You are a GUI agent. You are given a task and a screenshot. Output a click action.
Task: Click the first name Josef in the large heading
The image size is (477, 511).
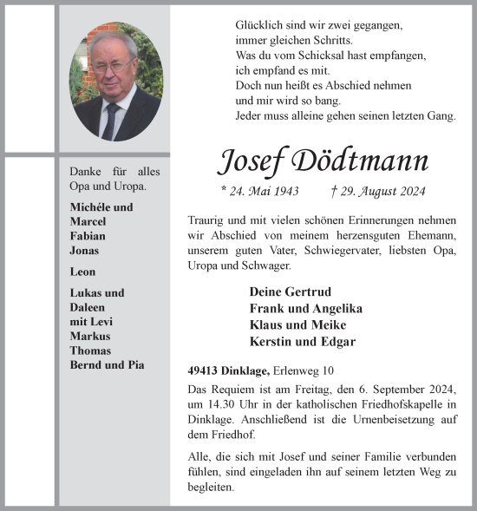252,161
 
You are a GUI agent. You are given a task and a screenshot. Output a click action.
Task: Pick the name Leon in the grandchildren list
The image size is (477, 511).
83,272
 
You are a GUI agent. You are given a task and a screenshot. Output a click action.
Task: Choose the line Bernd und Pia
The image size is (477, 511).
108,365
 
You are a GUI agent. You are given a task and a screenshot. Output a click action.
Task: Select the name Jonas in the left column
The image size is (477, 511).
85,251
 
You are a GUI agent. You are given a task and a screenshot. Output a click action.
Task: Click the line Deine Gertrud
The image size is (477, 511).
290,292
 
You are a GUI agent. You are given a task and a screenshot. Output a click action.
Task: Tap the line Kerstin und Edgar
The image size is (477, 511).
302,341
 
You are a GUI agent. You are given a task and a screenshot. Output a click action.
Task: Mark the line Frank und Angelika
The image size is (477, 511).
305,308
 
